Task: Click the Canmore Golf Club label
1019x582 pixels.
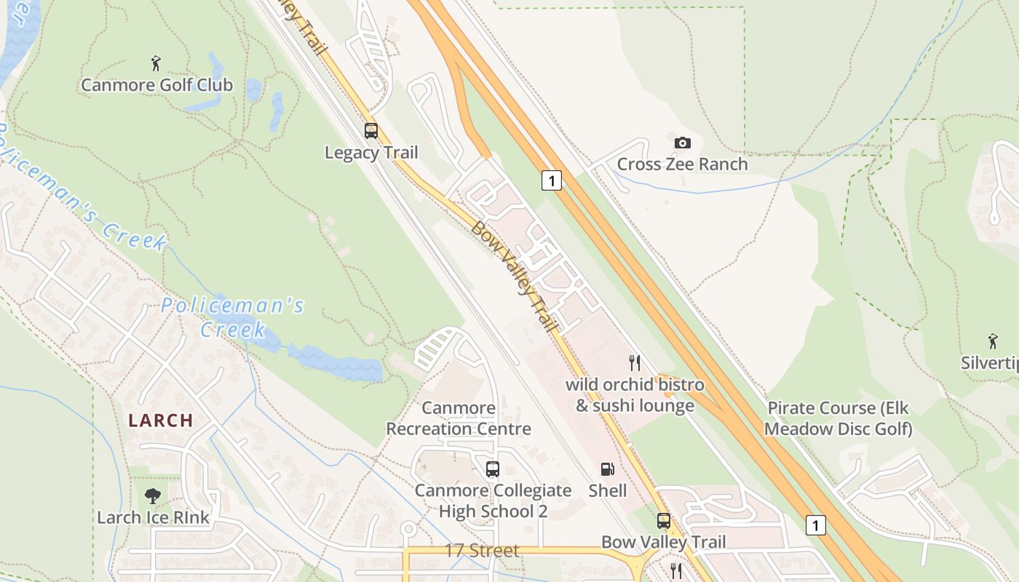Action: pyautogui.click(x=156, y=85)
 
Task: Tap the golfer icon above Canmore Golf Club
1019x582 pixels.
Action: pyautogui.click(x=156, y=63)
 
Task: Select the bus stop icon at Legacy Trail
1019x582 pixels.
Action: pyautogui.click(x=371, y=131)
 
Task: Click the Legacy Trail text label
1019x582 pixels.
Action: pyautogui.click(x=371, y=153)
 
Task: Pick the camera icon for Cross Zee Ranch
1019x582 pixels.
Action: pyautogui.click(x=682, y=143)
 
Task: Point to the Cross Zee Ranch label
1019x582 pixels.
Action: pyautogui.click(x=682, y=164)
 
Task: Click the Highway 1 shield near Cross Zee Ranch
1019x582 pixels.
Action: pyautogui.click(x=552, y=180)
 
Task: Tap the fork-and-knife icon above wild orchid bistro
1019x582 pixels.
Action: pyautogui.click(x=635, y=362)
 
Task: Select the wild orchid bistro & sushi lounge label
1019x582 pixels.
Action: pyautogui.click(x=635, y=395)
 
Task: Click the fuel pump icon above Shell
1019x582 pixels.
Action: pyautogui.click(x=607, y=469)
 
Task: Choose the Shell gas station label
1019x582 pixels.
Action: pyautogui.click(x=607, y=490)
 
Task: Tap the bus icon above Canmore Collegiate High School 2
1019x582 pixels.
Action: pyautogui.click(x=493, y=469)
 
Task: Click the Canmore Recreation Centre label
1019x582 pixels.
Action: pyautogui.click(x=459, y=418)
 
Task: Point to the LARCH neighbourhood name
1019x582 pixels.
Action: pyautogui.click(x=161, y=420)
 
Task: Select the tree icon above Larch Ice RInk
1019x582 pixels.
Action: pyautogui.click(x=153, y=496)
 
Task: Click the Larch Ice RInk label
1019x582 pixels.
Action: pyautogui.click(x=153, y=517)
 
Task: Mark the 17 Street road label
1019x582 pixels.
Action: pyautogui.click(x=482, y=551)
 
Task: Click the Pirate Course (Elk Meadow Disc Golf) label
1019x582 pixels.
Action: pyautogui.click(x=838, y=418)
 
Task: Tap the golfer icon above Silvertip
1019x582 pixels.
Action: pyautogui.click(x=993, y=341)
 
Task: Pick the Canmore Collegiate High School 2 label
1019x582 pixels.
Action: pyautogui.click(x=493, y=501)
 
